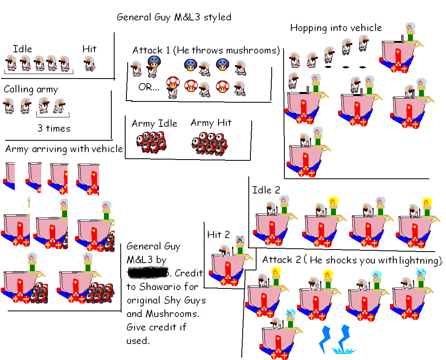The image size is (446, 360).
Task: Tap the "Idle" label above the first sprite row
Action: point(23,49)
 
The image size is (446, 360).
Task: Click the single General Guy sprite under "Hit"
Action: point(89,64)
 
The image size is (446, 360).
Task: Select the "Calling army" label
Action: point(31,90)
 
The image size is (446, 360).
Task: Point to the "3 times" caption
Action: point(54,128)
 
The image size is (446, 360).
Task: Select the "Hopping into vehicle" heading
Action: point(336,28)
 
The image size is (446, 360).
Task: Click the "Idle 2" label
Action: point(266,190)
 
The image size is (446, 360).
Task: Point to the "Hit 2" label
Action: point(218,235)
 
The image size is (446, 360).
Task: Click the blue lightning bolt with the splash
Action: point(342,340)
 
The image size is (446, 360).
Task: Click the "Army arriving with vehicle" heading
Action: point(64,149)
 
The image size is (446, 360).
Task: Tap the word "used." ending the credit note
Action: point(137,340)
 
